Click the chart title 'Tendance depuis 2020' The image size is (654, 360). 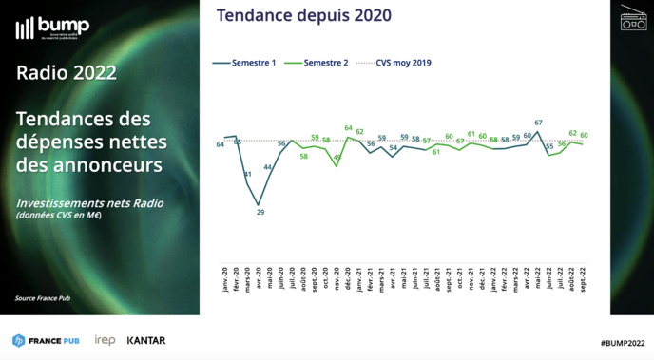pos(304,15)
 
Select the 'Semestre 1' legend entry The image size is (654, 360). pos(247,63)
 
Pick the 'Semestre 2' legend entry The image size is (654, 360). pos(319,63)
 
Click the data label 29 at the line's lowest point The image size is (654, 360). pos(260,212)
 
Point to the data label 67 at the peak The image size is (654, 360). pos(538,123)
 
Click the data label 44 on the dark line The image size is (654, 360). pos(269,167)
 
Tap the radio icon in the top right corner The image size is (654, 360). pos(633,18)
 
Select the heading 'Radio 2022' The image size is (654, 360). pos(67,73)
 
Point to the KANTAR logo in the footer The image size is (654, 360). pos(145,340)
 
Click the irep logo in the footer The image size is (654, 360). pos(105,340)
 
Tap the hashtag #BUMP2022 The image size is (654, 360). pos(623,341)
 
